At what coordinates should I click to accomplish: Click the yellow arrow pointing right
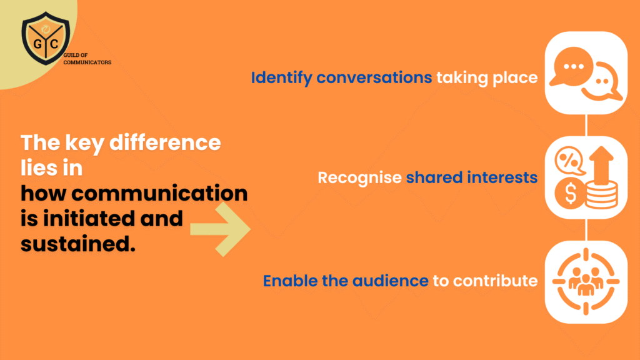coord(221,229)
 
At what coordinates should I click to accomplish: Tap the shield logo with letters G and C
coord(46,38)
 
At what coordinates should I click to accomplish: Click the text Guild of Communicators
coord(87,59)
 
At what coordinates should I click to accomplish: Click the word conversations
coord(374,77)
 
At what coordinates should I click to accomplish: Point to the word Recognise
coord(359,178)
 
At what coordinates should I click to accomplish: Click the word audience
coord(390,281)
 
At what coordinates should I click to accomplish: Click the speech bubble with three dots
coord(571,66)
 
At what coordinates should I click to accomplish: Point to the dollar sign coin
coord(570,193)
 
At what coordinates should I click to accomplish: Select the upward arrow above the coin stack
coord(601,166)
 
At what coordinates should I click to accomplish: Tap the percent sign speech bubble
coord(569,161)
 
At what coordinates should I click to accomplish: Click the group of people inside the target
coord(586,281)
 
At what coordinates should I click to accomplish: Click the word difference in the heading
coord(165,143)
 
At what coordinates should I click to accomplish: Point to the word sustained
coord(78,244)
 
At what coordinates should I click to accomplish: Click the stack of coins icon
coord(602,196)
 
